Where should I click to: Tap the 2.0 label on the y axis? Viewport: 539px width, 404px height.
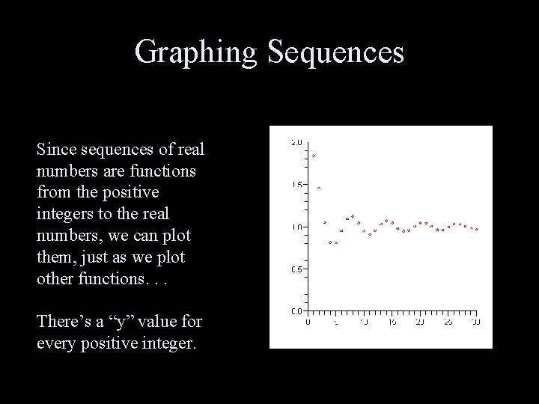(x=296, y=142)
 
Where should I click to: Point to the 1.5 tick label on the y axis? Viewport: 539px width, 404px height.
(x=296, y=185)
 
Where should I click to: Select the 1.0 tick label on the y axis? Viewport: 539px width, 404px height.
(x=296, y=227)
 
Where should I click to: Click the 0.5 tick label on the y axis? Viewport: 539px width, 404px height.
(x=296, y=269)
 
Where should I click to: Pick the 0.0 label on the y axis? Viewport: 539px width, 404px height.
(x=296, y=311)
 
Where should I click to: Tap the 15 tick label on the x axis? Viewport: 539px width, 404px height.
(x=392, y=322)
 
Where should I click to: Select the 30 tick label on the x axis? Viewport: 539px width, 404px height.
(x=476, y=322)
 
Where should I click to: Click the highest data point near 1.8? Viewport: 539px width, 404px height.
(x=314, y=156)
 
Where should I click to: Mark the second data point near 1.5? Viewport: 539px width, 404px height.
(x=319, y=189)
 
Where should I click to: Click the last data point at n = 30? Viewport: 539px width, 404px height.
(x=476, y=229)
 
